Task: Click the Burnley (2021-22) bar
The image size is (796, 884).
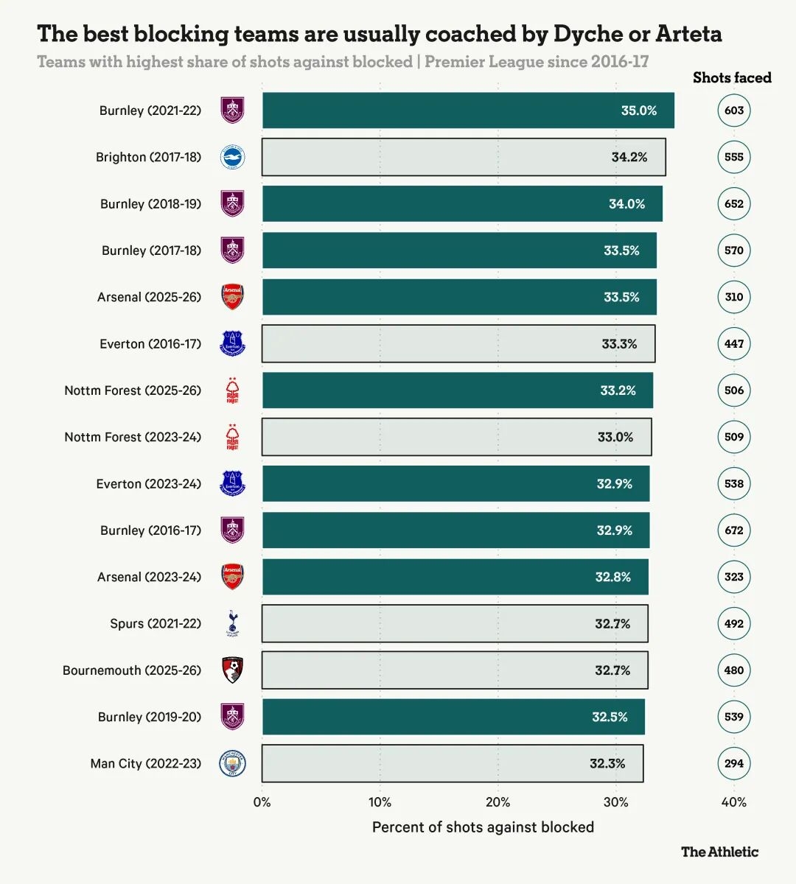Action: point(468,110)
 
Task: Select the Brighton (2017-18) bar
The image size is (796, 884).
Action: point(464,157)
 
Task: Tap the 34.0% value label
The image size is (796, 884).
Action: point(626,203)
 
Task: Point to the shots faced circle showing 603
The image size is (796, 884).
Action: point(734,110)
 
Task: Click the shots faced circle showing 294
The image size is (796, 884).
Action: point(734,763)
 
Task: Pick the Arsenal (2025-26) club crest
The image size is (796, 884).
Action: point(232,297)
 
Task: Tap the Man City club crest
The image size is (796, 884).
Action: point(232,763)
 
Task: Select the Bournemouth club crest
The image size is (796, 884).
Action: point(232,670)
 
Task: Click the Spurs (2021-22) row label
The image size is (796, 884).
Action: point(156,623)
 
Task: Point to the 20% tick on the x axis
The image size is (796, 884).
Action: point(498,802)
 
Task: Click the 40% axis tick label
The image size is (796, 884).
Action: point(734,802)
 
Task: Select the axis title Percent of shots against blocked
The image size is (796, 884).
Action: point(483,827)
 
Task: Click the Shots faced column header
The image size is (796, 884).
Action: point(732,77)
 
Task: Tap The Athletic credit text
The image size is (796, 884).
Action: point(719,852)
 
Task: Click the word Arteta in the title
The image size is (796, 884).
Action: point(689,34)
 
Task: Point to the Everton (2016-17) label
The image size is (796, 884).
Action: point(150,344)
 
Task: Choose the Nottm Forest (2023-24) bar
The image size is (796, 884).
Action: point(456,437)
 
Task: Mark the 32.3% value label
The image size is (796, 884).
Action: point(607,763)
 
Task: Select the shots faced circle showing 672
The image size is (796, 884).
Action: point(734,530)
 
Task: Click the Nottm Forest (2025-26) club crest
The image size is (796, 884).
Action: point(232,390)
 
